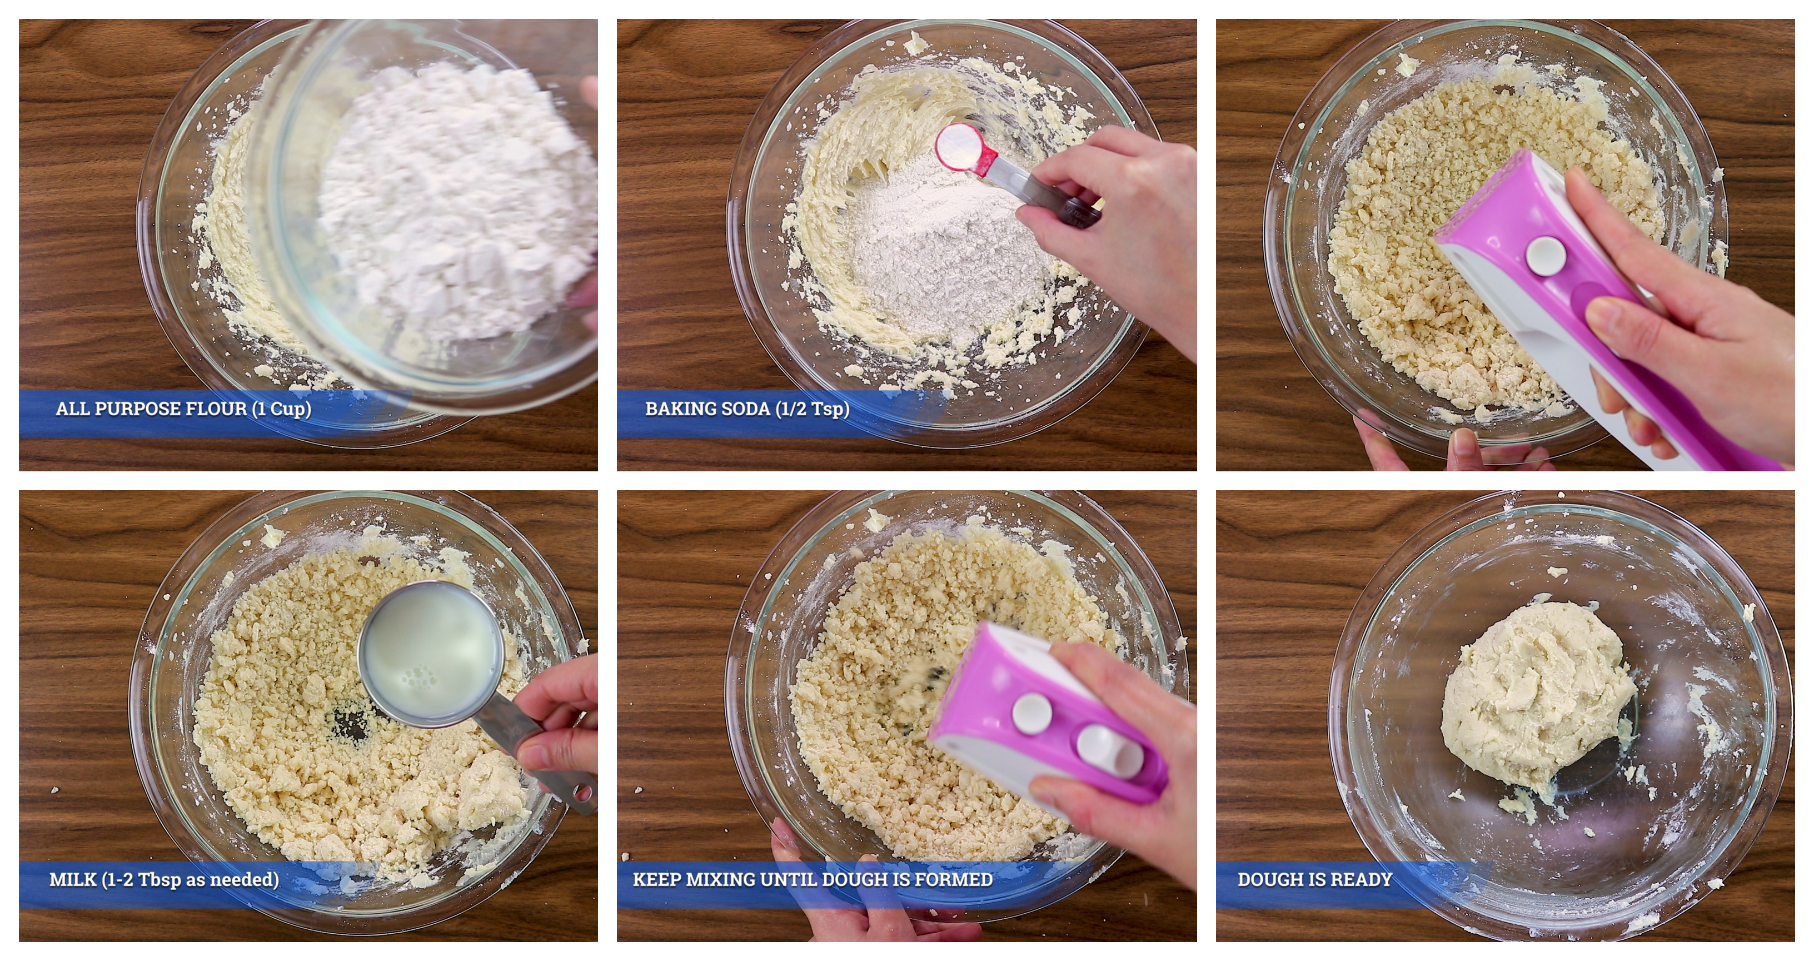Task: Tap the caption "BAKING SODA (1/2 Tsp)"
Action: (x=747, y=409)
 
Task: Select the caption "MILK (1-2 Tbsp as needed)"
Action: (x=164, y=879)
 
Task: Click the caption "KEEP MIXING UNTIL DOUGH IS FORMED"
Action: (x=813, y=879)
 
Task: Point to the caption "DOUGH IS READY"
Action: (x=1315, y=879)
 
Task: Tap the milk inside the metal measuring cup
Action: (x=430, y=655)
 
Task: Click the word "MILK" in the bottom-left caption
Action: (x=73, y=879)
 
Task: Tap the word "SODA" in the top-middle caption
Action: (x=739, y=409)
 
